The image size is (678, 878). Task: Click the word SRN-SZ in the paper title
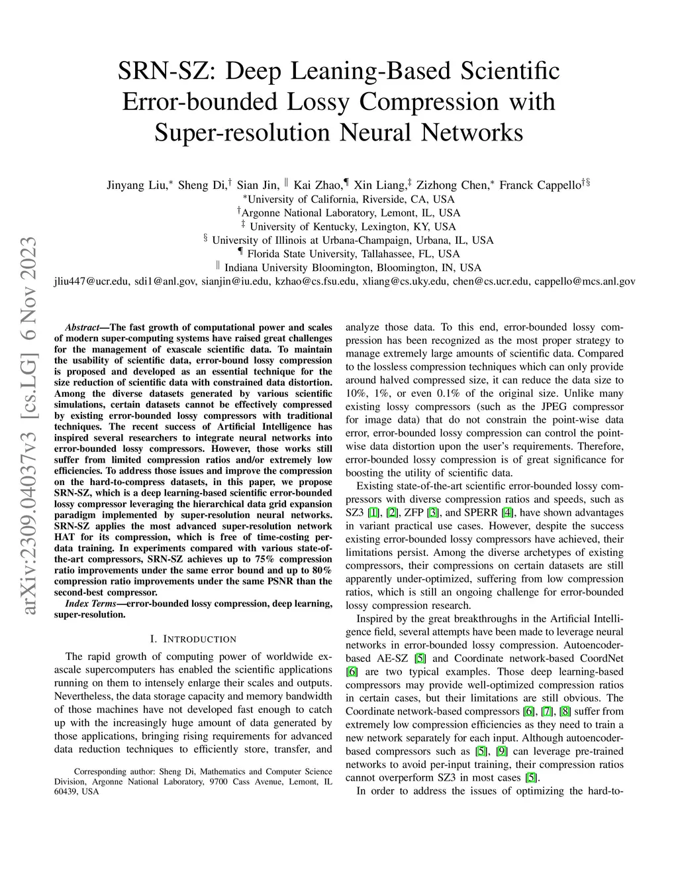[162, 71]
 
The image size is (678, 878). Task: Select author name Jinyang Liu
[136, 185]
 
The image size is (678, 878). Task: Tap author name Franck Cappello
[540, 185]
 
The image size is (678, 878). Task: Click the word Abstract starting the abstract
[81, 327]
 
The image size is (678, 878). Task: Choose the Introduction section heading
[193, 639]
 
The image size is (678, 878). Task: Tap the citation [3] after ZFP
[433, 512]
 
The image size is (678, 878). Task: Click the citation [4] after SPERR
[507, 512]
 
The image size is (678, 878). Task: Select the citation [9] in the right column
[501, 751]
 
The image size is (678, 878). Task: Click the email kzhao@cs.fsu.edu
[317, 282]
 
